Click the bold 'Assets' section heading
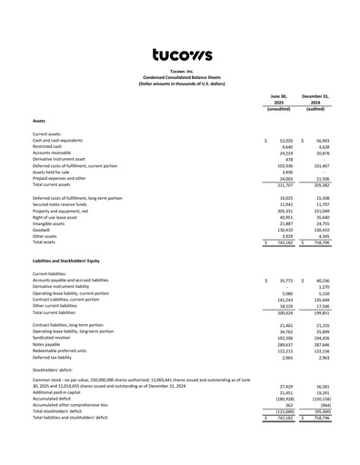tap(39, 120)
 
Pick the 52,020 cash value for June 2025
tap(285, 141)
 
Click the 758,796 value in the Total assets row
tap(317, 243)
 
